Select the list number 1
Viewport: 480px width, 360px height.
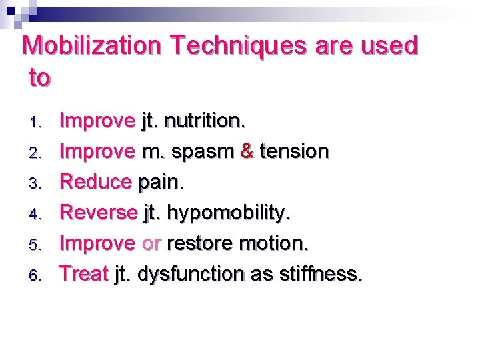(38, 122)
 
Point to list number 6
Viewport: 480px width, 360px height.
(38, 275)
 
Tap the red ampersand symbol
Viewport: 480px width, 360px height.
(247, 151)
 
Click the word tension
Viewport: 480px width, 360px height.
(294, 151)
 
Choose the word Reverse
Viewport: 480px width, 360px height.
(99, 213)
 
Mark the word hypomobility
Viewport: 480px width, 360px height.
(228, 213)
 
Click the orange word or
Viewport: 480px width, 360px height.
(151, 243)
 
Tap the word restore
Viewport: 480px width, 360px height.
(201, 243)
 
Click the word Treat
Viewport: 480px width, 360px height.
(84, 273)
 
